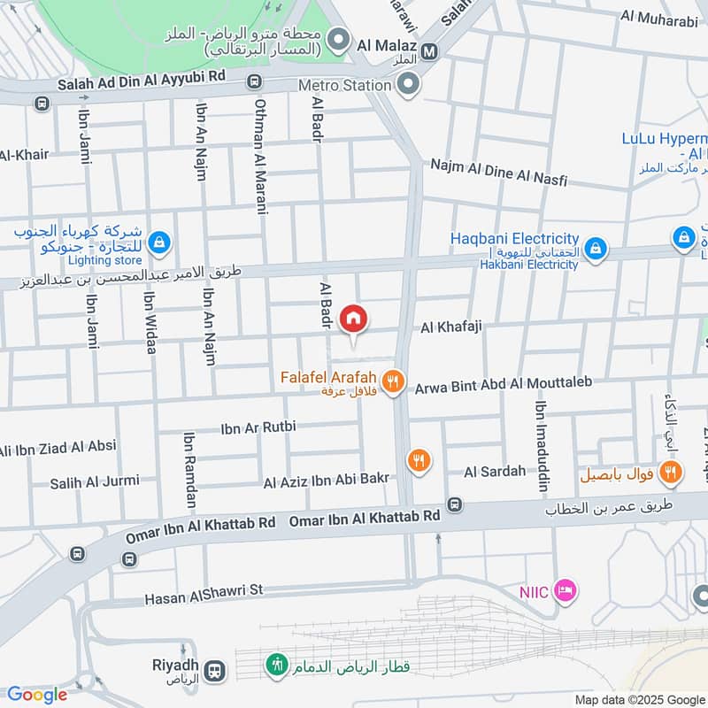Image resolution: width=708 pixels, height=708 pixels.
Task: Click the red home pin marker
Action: click(353, 317)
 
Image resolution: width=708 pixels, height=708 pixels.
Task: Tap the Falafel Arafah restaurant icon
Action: click(395, 382)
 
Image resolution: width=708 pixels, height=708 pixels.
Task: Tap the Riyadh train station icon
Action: click(213, 670)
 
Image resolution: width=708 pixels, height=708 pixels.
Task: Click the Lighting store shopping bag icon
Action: click(158, 241)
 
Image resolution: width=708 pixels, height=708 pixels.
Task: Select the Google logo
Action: click(36, 695)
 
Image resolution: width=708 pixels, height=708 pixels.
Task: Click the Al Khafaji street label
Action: click(450, 327)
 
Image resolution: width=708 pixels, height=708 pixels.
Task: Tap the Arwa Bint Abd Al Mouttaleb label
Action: click(502, 383)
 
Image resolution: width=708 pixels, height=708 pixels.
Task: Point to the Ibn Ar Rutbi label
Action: click(258, 427)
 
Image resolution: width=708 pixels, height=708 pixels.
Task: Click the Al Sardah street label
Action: click(494, 472)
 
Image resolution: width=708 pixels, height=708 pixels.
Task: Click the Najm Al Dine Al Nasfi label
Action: click(498, 173)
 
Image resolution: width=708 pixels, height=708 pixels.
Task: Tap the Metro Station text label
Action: click(344, 85)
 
